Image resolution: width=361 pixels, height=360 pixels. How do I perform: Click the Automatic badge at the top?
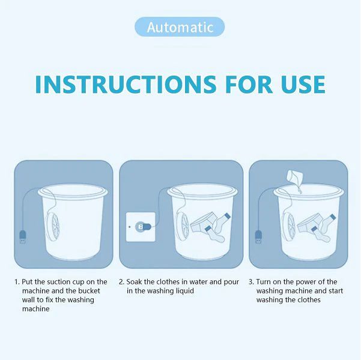tap(180, 27)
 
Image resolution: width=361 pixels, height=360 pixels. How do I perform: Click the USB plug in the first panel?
tap(22, 236)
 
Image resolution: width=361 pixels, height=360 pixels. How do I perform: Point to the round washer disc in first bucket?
tap(53, 226)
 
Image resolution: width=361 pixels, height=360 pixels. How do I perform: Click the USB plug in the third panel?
tap(258, 236)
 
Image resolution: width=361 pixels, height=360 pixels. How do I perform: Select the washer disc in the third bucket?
tap(291, 226)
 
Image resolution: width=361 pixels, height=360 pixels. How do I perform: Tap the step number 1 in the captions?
tap(16, 281)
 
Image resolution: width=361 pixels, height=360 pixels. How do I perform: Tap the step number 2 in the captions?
tap(121, 281)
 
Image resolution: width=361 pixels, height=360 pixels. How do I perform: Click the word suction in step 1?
tap(60, 281)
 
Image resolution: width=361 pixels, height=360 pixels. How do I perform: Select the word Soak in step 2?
tap(135, 281)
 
